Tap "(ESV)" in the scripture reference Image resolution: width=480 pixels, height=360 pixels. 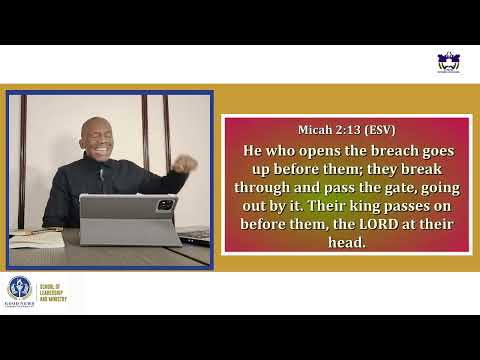point(379,130)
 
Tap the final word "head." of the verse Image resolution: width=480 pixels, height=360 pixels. point(345,241)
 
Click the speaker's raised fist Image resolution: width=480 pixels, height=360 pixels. point(186,163)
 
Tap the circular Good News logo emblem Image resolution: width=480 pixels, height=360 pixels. point(20,288)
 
